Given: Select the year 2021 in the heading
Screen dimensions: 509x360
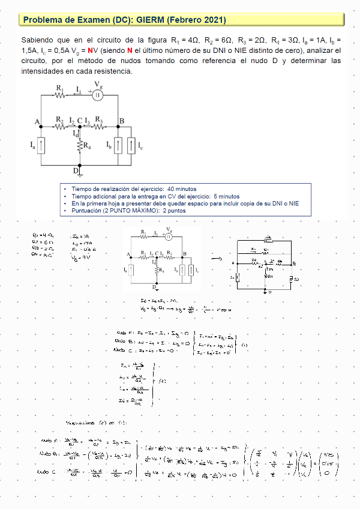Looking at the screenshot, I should [214, 20].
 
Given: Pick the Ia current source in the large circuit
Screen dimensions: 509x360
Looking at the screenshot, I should [41, 145].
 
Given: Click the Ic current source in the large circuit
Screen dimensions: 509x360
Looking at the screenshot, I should [131, 145].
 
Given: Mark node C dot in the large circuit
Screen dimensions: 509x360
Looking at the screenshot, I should [79, 127].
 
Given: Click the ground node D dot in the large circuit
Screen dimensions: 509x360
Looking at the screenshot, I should [79, 164].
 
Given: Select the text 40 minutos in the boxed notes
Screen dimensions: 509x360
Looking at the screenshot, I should [178, 189].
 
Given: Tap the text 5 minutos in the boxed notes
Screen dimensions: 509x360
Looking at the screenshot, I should [226, 196].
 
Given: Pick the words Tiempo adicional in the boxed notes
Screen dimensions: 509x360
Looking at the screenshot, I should [92, 196].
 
